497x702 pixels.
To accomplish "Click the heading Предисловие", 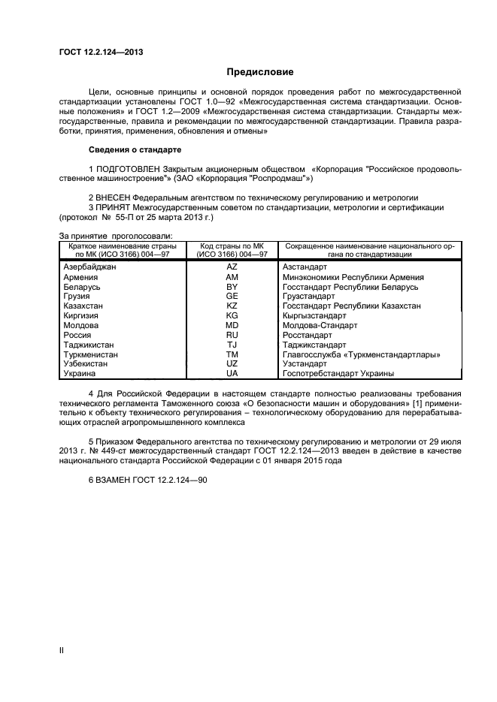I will [x=260, y=72].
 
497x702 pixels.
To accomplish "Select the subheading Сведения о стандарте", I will [x=130, y=149].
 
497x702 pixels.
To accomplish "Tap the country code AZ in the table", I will [x=232, y=267].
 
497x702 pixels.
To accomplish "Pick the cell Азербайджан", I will [x=90, y=267].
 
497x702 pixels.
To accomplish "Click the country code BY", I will [x=232, y=287].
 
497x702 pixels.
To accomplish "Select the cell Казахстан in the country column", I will [x=84, y=306].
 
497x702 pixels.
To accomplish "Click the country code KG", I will [x=232, y=316].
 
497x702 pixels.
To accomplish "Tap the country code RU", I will [x=232, y=336].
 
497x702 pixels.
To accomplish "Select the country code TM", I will [x=232, y=354].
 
